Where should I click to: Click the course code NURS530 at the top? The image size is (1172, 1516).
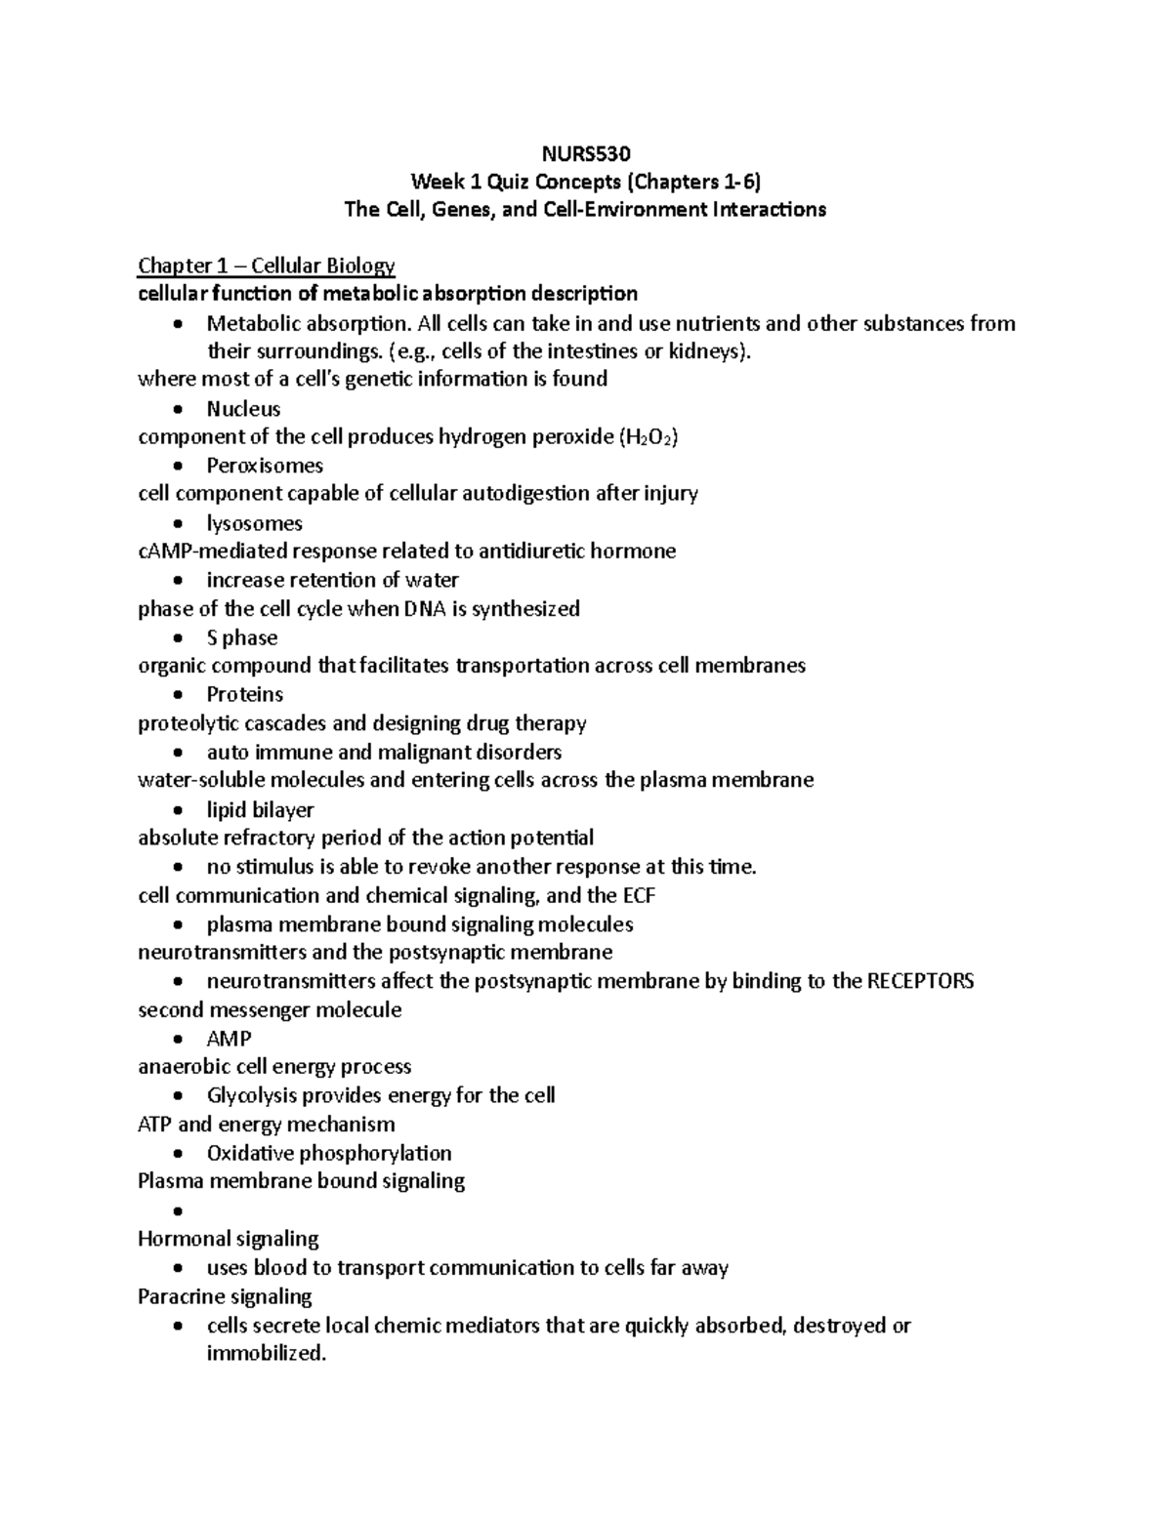(586, 153)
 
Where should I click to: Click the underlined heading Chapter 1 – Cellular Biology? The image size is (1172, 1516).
(267, 266)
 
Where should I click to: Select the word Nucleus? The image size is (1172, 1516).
(243, 409)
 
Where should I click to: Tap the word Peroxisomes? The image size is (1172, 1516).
(265, 466)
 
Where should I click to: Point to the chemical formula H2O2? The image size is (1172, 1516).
(649, 437)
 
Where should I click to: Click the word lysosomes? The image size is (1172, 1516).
(254, 523)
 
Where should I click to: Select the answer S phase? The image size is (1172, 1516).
(242, 637)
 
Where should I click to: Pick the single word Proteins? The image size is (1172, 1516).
(244, 695)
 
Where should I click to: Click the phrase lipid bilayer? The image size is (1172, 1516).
(260, 809)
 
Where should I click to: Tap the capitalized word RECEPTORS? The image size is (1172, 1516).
(920, 981)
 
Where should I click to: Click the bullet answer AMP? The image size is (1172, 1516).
(229, 1039)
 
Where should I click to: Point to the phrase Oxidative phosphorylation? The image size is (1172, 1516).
(329, 1153)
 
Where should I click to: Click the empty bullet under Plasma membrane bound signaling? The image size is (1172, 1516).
(177, 1211)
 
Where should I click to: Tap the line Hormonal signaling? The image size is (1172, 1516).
(229, 1239)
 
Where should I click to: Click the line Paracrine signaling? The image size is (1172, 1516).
(225, 1296)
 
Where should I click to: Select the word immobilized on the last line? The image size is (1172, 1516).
(265, 1353)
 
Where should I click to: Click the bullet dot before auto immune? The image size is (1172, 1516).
(177, 754)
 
